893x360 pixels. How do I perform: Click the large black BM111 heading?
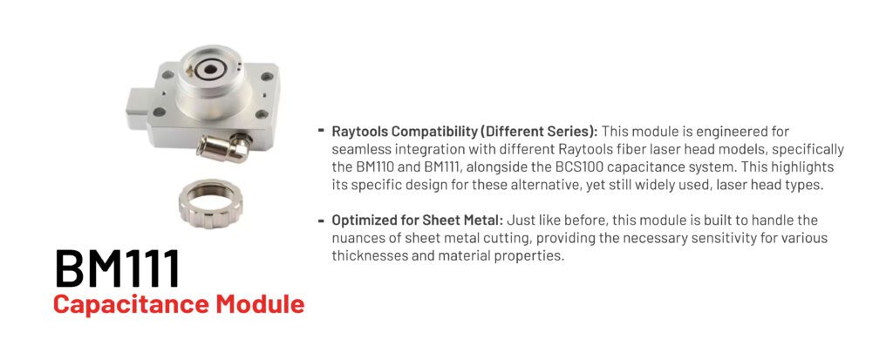point(118,268)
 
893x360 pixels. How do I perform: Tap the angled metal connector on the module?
point(224,147)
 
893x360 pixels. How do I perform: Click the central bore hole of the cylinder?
point(210,70)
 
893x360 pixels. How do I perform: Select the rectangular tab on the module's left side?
point(137,108)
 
